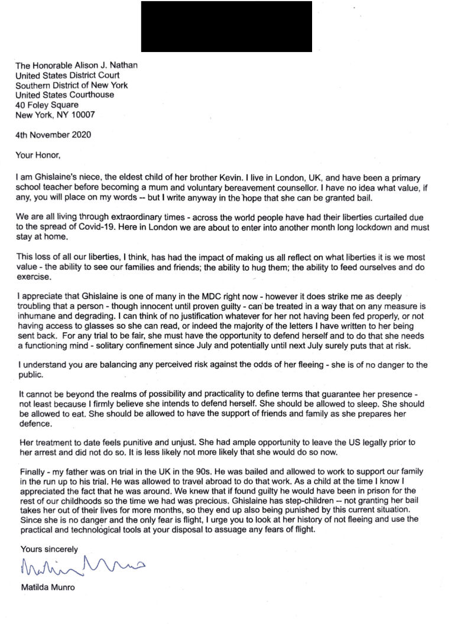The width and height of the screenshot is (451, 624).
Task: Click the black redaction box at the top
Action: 226,26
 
